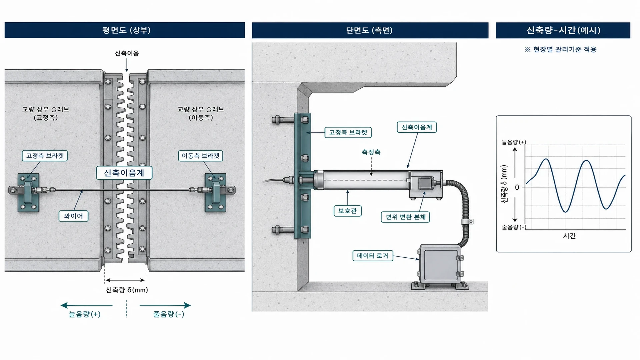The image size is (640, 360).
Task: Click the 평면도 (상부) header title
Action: pyautogui.click(x=126, y=30)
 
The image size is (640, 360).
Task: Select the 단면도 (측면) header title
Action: pyautogui.click(x=369, y=30)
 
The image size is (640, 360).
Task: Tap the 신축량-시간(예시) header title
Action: pyautogui.click(x=563, y=30)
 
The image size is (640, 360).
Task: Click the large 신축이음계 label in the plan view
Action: pyautogui.click(x=124, y=173)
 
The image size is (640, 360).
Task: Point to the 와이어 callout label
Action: pyautogui.click(x=73, y=216)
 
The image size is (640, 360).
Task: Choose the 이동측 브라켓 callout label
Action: pyautogui.click(x=200, y=156)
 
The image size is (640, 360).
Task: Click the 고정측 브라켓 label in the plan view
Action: pyautogui.click(x=45, y=156)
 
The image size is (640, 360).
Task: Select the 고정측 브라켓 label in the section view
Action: pyautogui.click(x=348, y=132)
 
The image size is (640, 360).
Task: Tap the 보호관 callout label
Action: pyautogui.click(x=347, y=211)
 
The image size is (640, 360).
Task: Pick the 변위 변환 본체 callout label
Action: pyautogui.click(x=405, y=217)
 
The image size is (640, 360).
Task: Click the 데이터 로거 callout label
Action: pyautogui.click(x=373, y=256)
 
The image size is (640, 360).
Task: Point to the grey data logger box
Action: pyautogui.click(x=440, y=263)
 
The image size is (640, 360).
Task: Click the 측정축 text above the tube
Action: pyautogui.click(x=371, y=152)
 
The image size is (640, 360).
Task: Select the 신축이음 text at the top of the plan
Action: pyautogui.click(x=127, y=53)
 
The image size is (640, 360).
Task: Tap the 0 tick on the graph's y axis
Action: pyautogui.click(x=517, y=187)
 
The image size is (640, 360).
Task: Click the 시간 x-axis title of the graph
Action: pyautogui.click(x=569, y=236)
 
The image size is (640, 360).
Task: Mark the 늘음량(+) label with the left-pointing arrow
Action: pyautogui.click(x=85, y=314)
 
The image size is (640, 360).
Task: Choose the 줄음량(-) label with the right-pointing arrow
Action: pyautogui.click(x=169, y=314)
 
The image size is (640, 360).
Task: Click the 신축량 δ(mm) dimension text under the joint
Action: pyautogui.click(x=127, y=290)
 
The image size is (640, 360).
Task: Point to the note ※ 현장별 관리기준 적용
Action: pyautogui.click(x=560, y=49)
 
